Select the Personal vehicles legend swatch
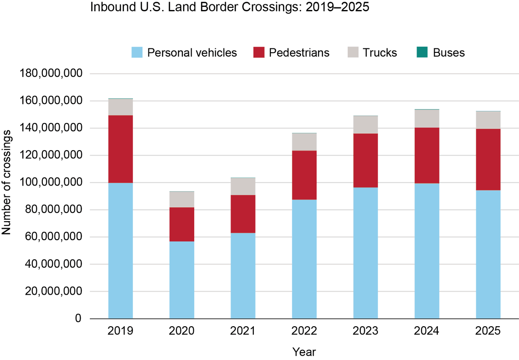click(137, 53)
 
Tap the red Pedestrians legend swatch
click(259, 53)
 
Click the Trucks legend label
click(380, 53)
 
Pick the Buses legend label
click(449, 53)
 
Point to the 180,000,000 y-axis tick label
click(51, 74)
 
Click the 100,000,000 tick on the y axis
click(51, 183)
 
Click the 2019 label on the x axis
click(120, 331)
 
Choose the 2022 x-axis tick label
click(304, 331)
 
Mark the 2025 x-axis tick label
click(488, 331)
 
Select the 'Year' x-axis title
click(304, 351)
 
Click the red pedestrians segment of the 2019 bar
click(120, 149)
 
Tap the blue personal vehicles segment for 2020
click(182, 280)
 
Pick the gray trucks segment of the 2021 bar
click(243, 186)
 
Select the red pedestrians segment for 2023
click(365, 160)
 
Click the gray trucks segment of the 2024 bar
click(427, 119)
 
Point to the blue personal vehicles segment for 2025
click(488, 254)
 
